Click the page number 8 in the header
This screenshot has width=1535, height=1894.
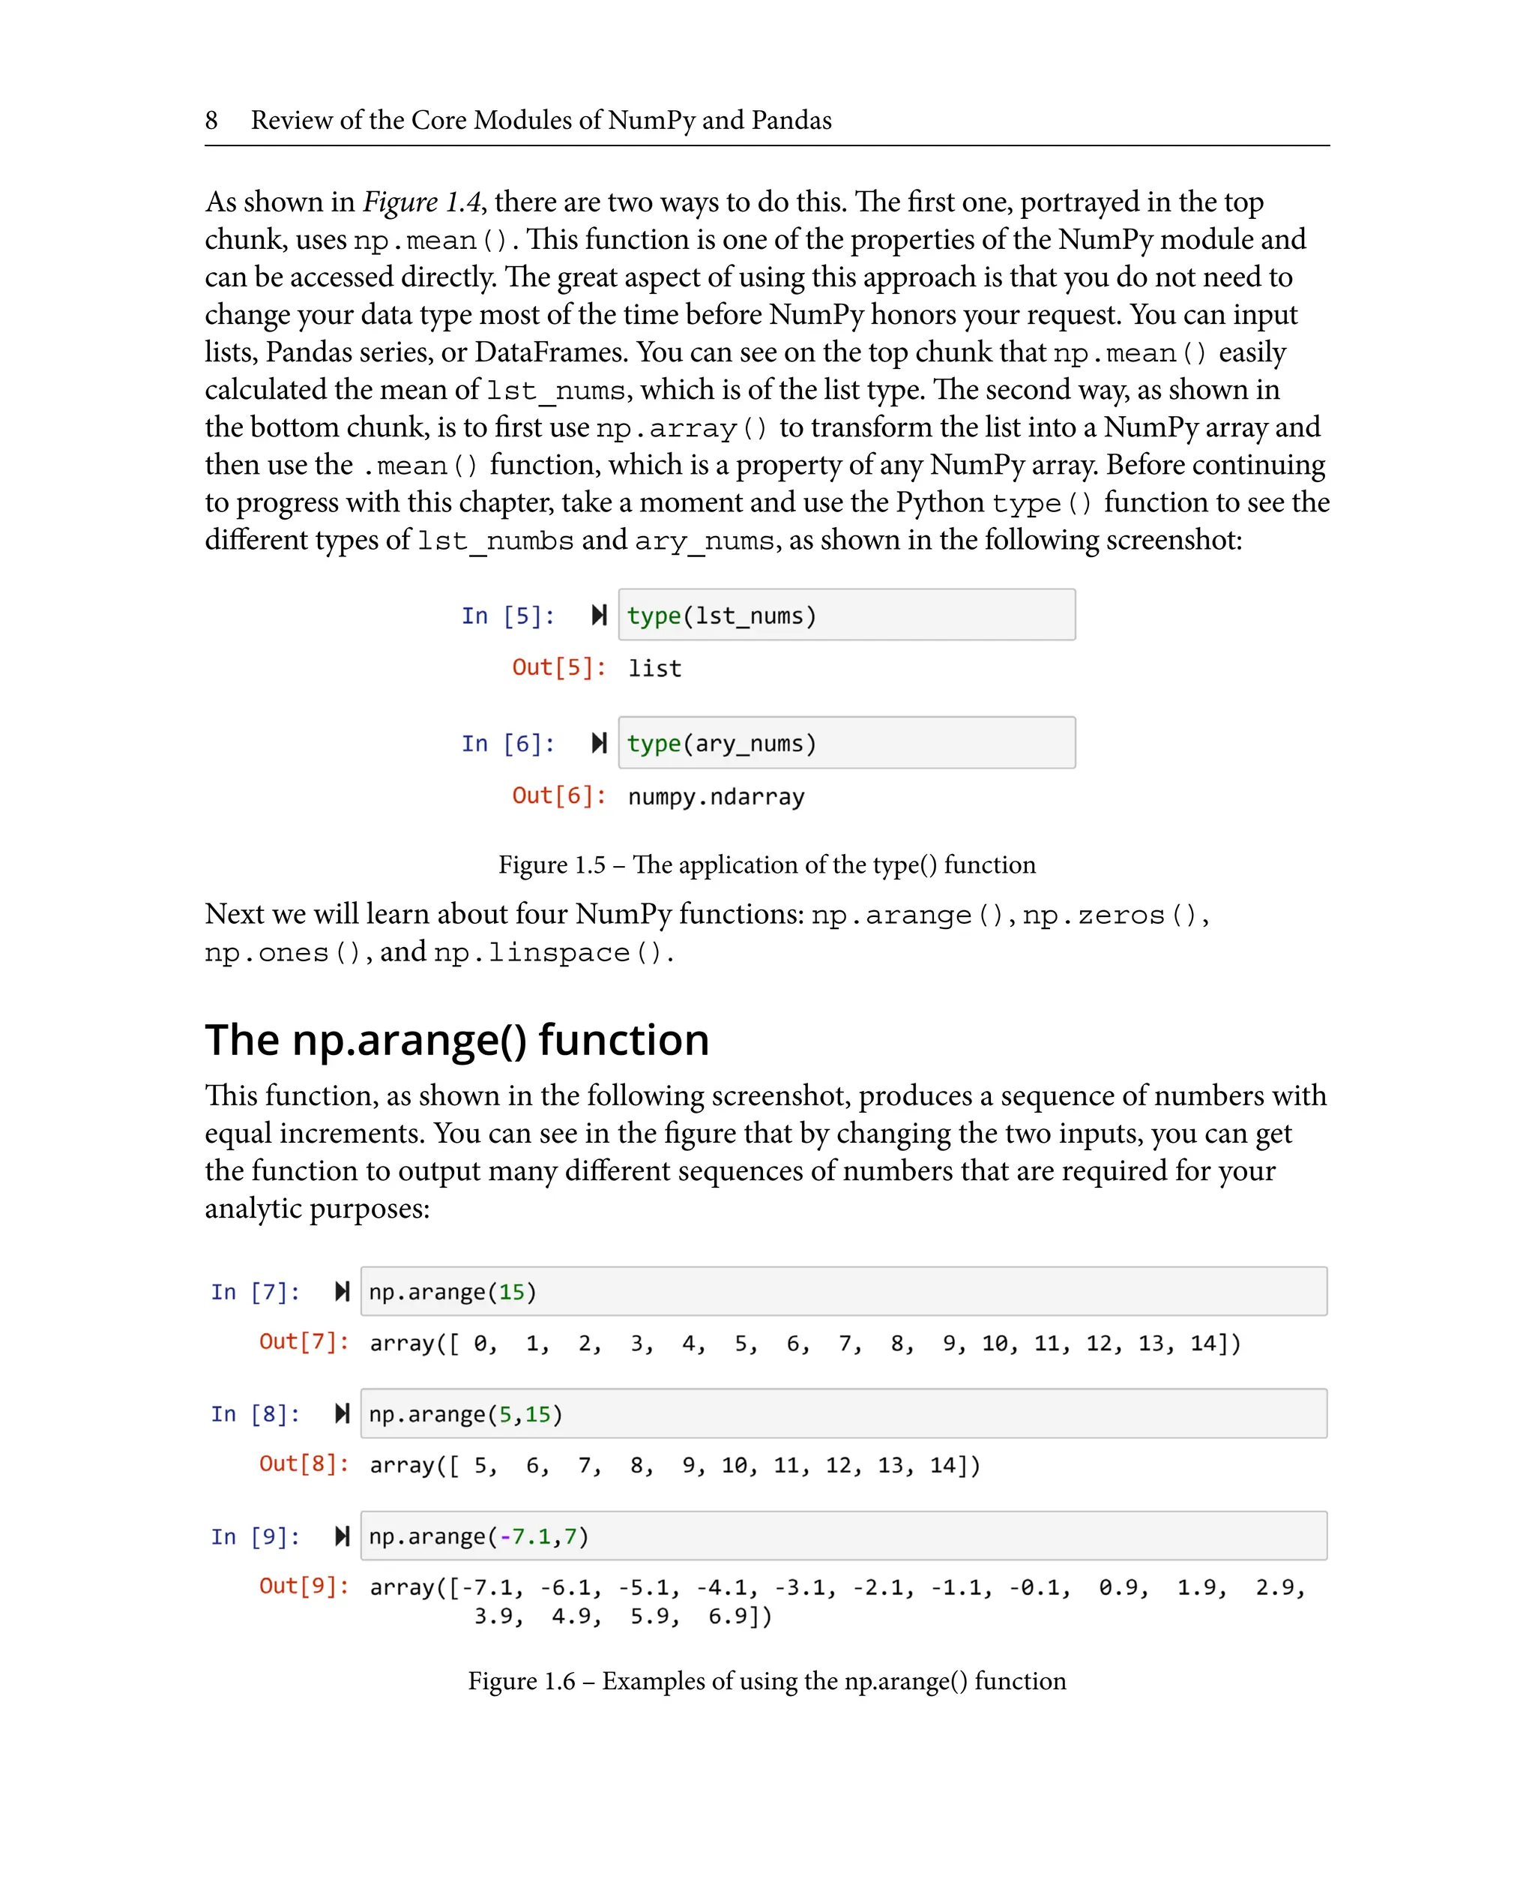tap(211, 120)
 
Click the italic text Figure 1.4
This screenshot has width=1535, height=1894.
tap(421, 202)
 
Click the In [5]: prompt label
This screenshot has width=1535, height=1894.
tap(507, 616)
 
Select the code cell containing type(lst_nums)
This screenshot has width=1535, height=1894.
tap(845, 615)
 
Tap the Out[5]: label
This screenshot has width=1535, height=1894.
tap(559, 667)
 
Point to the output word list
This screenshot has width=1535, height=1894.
tap(654, 669)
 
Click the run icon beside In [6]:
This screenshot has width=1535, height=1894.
tap(599, 743)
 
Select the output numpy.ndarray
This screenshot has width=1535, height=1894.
tap(717, 797)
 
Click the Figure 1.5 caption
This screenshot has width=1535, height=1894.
tap(767, 865)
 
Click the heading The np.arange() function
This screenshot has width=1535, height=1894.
tap(457, 1039)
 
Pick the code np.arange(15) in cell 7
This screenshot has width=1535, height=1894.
tap(453, 1293)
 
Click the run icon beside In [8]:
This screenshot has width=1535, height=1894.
tap(343, 1413)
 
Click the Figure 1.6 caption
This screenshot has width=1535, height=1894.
tap(767, 1681)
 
